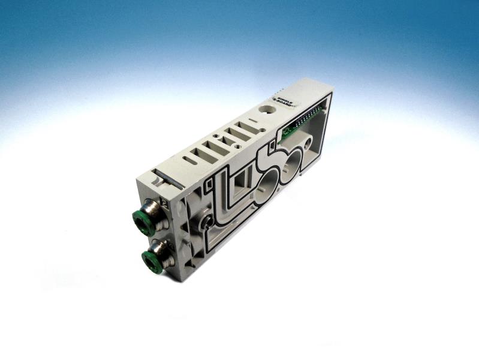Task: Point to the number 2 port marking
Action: (164, 202)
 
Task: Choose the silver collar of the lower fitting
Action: (161, 248)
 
